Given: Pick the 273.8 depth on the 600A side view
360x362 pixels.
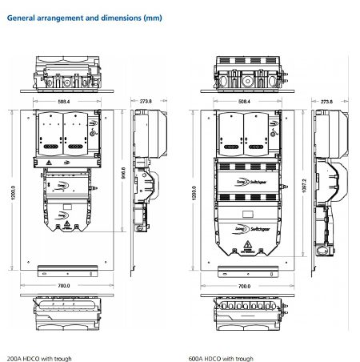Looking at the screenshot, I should tap(326, 103).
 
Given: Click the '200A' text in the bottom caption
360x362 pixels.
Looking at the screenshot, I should tap(14, 359).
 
